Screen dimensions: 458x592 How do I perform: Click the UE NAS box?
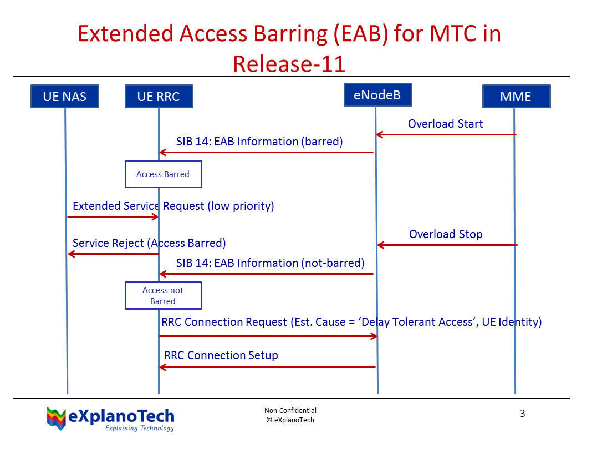(x=65, y=97)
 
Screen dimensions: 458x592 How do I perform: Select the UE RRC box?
(x=159, y=97)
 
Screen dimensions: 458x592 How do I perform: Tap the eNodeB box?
(x=377, y=94)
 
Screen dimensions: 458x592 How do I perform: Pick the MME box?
(x=516, y=97)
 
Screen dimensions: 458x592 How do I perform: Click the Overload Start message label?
(x=445, y=124)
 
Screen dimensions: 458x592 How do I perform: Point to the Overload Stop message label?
(x=445, y=234)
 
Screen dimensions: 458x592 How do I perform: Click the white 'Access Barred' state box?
(x=163, y=174)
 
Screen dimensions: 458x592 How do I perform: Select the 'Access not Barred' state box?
(x=163, y=295)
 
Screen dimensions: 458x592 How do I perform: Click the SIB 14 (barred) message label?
(x=259, y=142)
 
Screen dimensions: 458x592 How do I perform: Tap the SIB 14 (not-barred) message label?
(x=270, y=263)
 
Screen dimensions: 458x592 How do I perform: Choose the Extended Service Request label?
(x=173, y=206)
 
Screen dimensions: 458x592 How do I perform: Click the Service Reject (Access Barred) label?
(x=149, y=243)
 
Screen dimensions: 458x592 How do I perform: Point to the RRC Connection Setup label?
(x=221, y=355)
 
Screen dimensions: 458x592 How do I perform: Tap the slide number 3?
(x=522, y=414)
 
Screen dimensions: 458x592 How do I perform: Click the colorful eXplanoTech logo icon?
(x=56, y=418)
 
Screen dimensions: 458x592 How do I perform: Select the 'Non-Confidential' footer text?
(x=290, y=411)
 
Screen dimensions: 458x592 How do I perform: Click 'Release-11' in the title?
(x=289, y=64)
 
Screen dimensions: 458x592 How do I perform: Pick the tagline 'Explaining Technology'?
(x=139, y=429)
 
